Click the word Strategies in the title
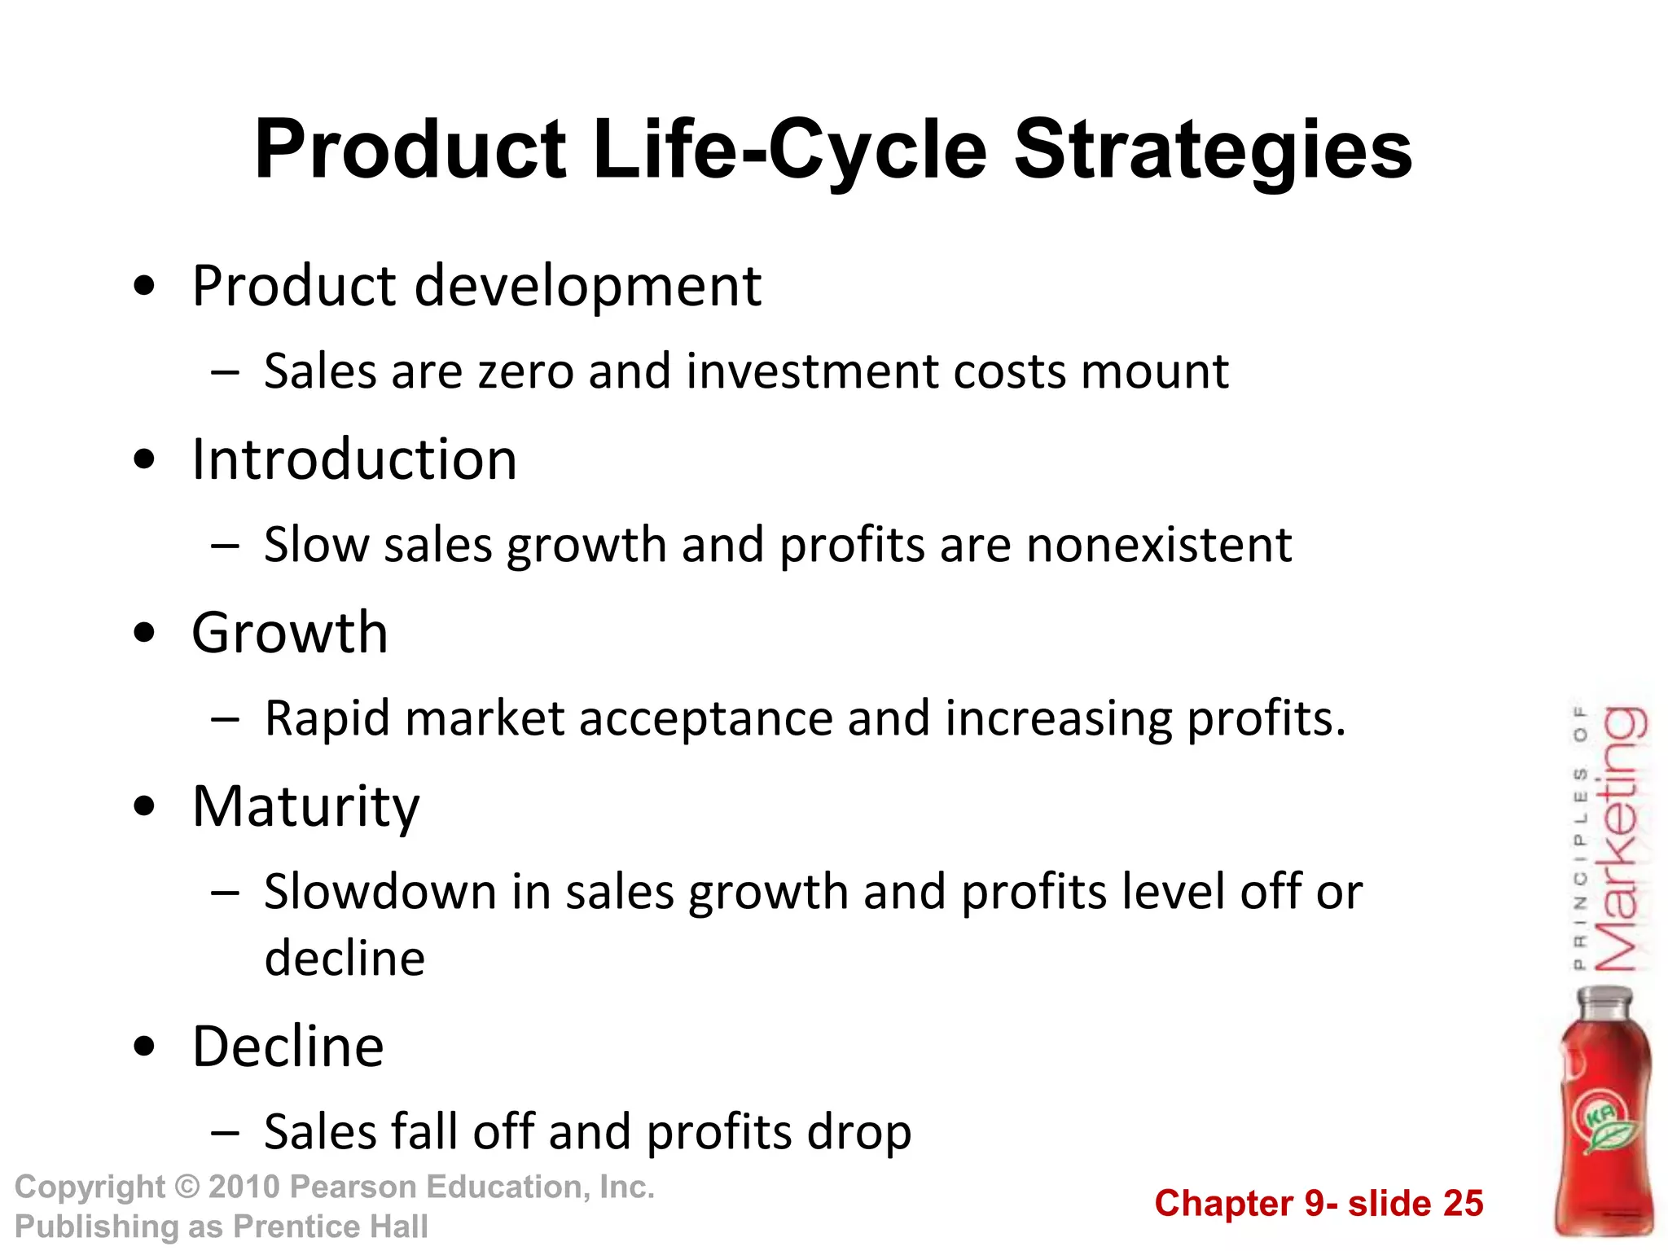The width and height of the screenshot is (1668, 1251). (1213, 151)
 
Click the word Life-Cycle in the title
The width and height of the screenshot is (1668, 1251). (789, 151)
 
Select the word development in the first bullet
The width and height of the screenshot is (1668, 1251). (587, 287)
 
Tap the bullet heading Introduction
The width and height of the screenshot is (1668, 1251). (354, 460)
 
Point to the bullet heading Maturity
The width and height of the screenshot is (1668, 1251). (305, 806)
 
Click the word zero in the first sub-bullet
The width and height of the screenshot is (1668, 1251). (525, 372)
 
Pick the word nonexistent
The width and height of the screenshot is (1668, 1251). (1159, 545)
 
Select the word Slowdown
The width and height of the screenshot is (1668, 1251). (380, 892)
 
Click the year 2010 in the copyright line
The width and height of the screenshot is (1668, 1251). (244, 1187)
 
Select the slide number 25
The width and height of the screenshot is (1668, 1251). (1463, 1204)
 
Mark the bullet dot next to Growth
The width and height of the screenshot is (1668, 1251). (144, 634)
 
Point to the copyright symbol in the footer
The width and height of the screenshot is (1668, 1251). (187, 1187)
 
